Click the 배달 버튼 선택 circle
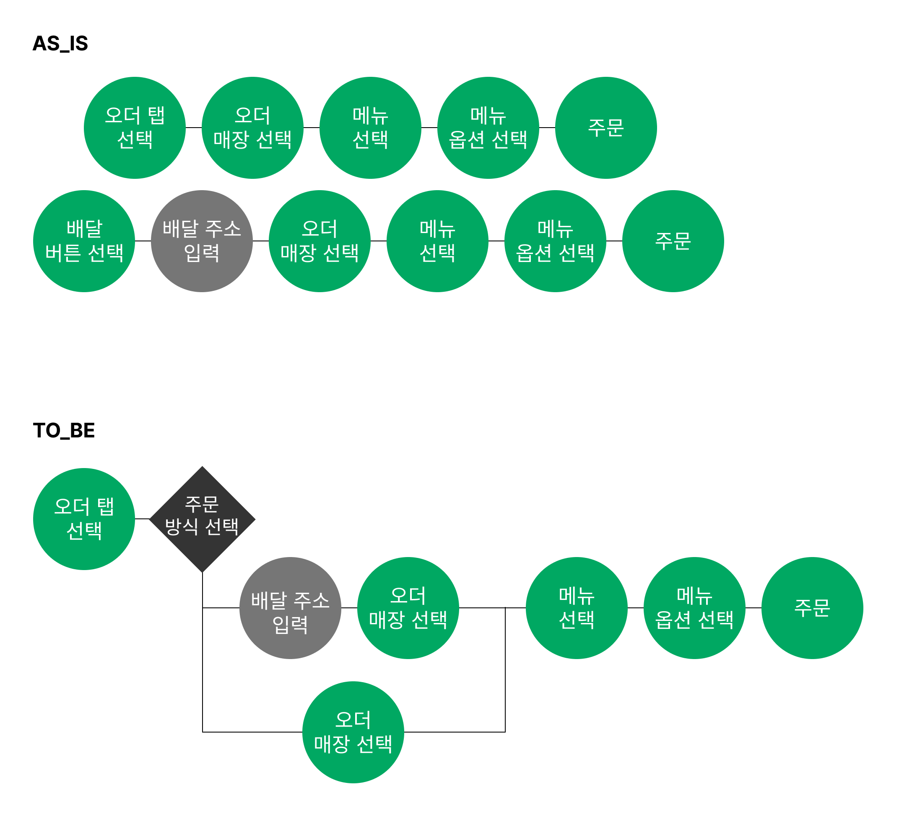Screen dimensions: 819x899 click(x=84, y=241)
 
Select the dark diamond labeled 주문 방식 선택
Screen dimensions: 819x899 click(x=202, y=519)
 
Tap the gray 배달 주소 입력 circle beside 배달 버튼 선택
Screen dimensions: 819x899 click(x=202, y=241)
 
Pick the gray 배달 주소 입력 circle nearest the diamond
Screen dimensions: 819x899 click(x=290, y=608)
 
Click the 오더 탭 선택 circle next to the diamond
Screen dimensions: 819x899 click(x=84, y=518)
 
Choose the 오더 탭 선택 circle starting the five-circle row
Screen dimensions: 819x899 click(x=135, y=128)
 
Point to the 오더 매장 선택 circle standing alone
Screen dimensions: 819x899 click(x=353, y=732)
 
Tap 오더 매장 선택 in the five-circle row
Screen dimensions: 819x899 click(x=252, y=128)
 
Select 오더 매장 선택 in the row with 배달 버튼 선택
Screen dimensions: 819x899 click(x=319, y=241)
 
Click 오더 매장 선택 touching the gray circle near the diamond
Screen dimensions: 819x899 click(x=408, y=608)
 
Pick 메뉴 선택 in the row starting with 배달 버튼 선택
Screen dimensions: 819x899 click(x=437, y=241)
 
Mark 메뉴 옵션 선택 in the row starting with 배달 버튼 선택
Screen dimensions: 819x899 click(x=555, y=241)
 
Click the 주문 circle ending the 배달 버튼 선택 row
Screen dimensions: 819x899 click(x=673, y=241)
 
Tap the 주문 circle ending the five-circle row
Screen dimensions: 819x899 click(x=605, y=128)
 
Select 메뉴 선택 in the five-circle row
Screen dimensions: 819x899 click(x=370, y=128)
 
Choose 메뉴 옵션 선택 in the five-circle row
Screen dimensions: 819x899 click(x=488, y=128)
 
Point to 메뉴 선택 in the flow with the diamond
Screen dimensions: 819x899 click(x=577, y=608)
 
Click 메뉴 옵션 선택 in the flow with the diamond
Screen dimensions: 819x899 click(x=694, y=608)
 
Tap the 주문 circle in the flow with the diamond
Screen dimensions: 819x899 click(x=812, y=608)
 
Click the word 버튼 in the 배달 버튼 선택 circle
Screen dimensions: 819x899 click(x=63, y=253)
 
